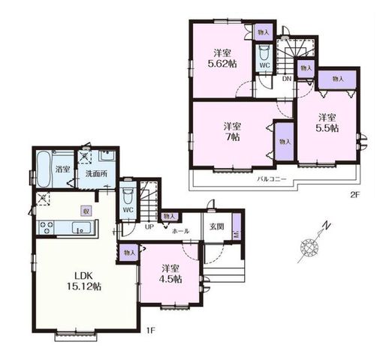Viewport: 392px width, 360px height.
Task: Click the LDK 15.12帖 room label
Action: [84, 281]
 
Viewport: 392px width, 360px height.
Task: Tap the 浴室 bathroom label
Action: [62, 169]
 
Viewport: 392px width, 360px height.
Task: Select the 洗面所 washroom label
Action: [96, 174]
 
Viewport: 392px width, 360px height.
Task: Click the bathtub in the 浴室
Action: [44, 169]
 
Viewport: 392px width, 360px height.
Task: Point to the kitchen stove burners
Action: [46, 227]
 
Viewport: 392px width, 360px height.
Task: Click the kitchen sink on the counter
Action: [83, 228]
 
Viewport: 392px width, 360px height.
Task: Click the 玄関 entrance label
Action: [217, 226]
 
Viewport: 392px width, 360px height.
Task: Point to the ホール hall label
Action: [180, 231]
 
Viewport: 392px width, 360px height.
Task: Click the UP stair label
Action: [149, 227]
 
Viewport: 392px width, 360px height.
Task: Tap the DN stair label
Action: [287, 79]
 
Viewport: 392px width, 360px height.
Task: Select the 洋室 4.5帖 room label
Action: [170, 274]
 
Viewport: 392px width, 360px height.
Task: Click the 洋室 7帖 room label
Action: [232, 131]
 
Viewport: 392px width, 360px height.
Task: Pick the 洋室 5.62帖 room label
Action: [222, 58]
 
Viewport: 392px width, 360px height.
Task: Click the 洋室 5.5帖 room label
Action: [327, 123]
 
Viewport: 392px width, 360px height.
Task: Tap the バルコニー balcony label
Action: [272, 179]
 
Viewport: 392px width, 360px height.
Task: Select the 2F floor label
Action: [354, 195]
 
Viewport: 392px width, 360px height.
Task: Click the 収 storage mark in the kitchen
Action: [86, 211]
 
